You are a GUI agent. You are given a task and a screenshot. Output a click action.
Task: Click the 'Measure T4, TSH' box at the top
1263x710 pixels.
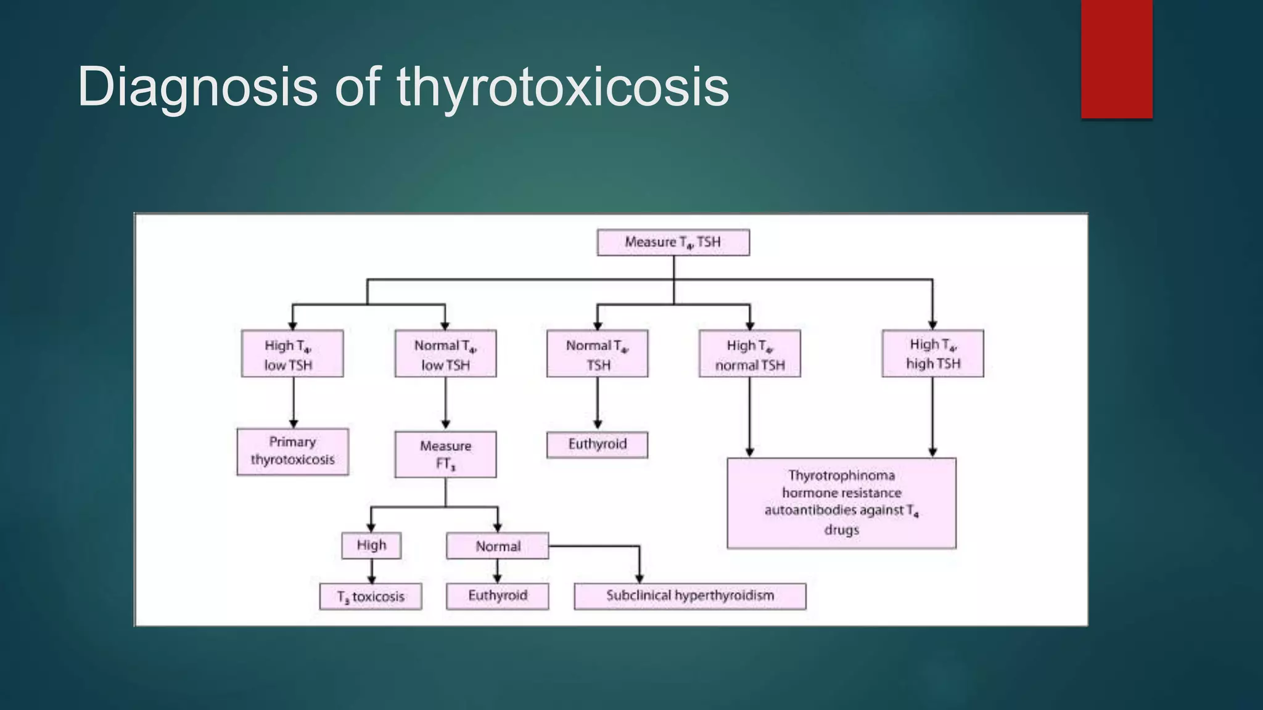tap(673, 242)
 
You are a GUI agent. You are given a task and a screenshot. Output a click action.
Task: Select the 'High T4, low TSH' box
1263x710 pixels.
tap(292, 354)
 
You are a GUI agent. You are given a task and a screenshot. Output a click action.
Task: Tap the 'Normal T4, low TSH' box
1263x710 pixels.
tap(445, 354)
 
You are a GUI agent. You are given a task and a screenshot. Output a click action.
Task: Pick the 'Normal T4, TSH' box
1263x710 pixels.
tap(597, 354)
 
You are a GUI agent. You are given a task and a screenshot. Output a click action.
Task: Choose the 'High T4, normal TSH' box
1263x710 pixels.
tap(749, 354)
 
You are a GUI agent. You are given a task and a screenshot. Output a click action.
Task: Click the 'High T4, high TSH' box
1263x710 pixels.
tap(932, 353)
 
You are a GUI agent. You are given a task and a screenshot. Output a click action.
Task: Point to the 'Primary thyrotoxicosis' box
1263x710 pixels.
tap(292, 451)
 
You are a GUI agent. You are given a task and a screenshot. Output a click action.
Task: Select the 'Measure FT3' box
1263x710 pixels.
tap(445, 454)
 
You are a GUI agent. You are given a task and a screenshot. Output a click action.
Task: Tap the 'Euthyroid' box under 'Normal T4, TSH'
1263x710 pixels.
tap(597, 444)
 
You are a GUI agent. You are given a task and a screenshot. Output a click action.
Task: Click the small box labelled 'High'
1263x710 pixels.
tap(371, 545)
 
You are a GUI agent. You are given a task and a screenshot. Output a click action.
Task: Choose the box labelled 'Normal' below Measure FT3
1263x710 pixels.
tap(497, 546)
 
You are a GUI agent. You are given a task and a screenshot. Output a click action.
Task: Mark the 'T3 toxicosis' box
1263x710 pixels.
tap(371, 597)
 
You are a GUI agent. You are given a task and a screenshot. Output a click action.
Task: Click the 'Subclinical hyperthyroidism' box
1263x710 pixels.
tap(689, 596)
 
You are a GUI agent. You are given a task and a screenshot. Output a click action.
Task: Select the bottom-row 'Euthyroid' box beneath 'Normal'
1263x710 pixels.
tap(497, 596)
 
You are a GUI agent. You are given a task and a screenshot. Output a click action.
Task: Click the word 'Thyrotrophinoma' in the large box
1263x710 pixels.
tap(841, 475)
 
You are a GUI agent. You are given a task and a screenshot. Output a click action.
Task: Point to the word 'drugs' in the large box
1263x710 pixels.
tap(841, 529)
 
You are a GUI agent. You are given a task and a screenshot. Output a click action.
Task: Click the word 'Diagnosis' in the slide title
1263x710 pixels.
tap(197, 88)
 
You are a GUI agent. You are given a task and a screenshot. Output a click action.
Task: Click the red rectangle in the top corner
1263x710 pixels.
tap(1116, 59)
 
